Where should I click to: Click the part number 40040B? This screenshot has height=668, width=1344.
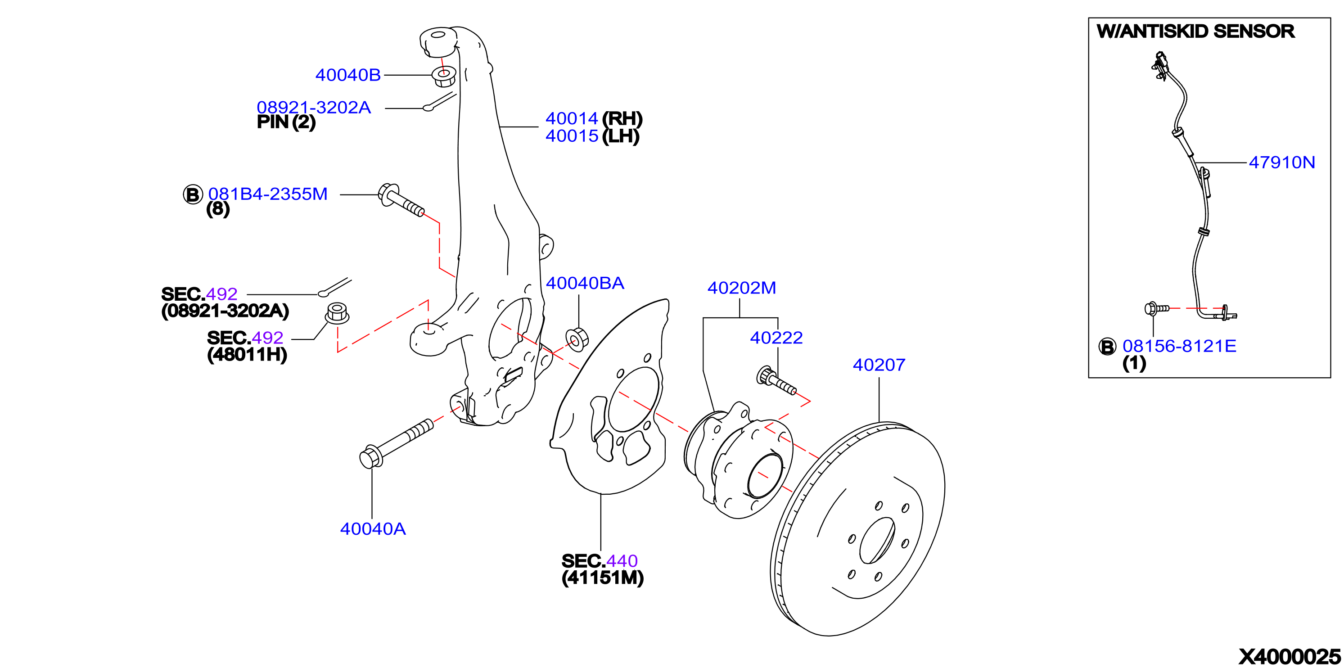(x=348, y=75)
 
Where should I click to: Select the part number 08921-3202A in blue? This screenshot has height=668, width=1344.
(x=314, y=107)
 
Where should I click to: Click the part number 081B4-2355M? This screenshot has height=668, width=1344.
(x=268, y=194)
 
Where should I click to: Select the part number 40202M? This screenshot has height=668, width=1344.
(x=741, y=288)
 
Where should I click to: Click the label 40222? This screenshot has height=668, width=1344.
(x=776, y=338)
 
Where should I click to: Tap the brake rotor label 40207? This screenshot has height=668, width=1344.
(x=879, y=365)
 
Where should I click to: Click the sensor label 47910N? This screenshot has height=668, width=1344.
(x=1282, y=162)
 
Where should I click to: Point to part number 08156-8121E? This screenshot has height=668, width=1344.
(x=1179, y=346)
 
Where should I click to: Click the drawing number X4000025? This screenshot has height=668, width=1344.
(x=1289, y=656)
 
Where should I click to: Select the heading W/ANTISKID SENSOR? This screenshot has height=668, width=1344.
(x=1195, y=32)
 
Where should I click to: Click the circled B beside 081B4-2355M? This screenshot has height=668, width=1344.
(x=193, y=194)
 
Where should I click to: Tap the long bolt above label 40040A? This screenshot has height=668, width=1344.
(x=397, y=443)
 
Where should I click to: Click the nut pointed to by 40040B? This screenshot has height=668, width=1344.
(x=444, y=77)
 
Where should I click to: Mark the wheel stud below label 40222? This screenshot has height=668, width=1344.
(x=776, y=381)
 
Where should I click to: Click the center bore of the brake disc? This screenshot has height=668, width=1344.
(x=877, y=541)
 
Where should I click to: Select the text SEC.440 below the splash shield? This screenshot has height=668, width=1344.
(x=600, y=560)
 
